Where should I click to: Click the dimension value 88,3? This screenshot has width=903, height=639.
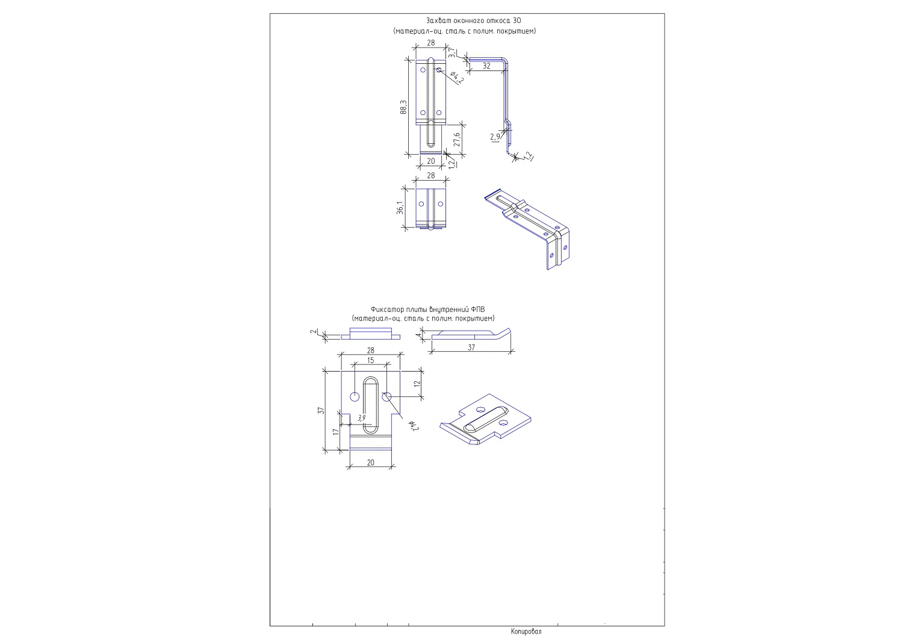(403, 107)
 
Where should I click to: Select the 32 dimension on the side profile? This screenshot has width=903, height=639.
(486, 66)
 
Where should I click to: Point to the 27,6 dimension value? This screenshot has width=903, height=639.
(457, 140)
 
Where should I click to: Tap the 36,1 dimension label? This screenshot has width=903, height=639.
(400, 207)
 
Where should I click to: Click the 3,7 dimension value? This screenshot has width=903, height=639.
(452, 53)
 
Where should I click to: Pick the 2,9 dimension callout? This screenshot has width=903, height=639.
(495, 137)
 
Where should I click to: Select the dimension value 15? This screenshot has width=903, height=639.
(370, 360)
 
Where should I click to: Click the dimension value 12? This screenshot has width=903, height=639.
(417, 384)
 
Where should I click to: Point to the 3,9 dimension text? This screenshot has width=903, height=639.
(362, 418)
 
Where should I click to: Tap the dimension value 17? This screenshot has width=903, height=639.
(336, 432)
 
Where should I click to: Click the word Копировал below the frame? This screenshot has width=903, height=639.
(526, 631)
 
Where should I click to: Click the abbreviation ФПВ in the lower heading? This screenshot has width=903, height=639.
(478, 310)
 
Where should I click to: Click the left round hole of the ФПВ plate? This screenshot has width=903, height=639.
(355, 397)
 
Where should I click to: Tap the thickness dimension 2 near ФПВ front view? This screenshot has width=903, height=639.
(312, 332)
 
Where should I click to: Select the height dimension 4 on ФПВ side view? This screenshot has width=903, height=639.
(419, 334)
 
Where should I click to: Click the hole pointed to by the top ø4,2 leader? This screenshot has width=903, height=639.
(439, 70)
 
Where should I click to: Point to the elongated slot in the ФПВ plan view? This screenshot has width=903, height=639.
(370, 405)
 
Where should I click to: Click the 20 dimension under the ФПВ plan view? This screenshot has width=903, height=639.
(370, 463)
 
